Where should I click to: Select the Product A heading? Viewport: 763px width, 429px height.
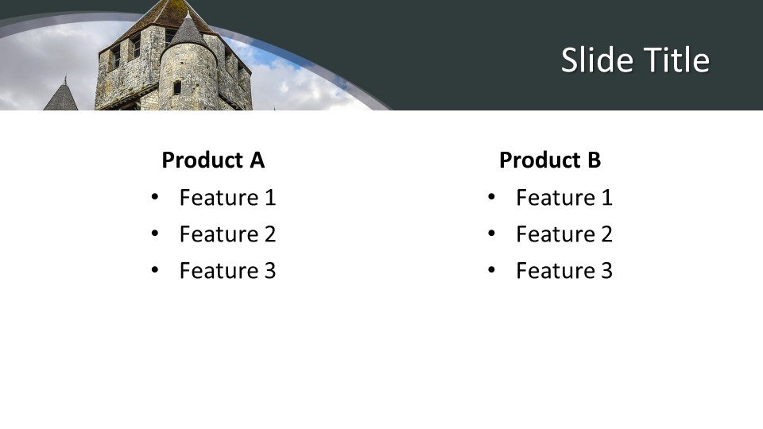(213, 160)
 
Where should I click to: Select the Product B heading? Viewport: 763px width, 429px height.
(550, 160)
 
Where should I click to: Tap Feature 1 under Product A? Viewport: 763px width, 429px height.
(227, 197)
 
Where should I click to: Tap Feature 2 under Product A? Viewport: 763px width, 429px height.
(227, 234)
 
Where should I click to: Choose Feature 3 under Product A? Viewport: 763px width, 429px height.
(227, 270)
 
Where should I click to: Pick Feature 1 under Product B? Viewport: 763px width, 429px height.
(564, 197)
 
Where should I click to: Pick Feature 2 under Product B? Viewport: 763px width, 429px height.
(564, 234)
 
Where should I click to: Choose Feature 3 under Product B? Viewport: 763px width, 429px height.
(564, 270)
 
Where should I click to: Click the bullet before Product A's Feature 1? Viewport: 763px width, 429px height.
(154, 196)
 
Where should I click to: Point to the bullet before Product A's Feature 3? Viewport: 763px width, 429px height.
(154, 270)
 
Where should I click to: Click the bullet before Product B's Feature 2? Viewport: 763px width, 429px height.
(491, 234)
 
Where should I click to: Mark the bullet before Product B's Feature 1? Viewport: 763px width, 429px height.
(491, 196)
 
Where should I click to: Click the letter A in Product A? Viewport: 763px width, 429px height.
(257, 160)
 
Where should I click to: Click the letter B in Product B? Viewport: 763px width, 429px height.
(594, 160)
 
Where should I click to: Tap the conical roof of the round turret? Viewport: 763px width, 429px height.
(188, 32)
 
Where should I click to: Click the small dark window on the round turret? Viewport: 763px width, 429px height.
(177, 87)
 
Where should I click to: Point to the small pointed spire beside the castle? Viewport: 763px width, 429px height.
(61, 96)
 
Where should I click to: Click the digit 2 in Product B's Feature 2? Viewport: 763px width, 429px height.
(606, 234)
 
